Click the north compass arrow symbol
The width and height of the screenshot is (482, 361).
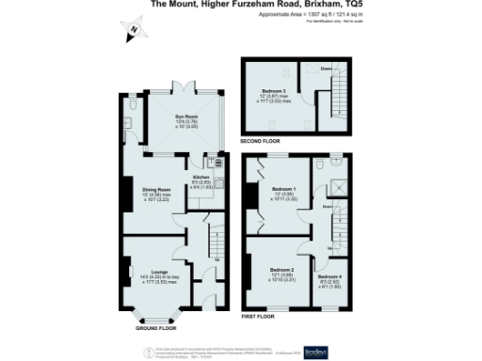point(134,29)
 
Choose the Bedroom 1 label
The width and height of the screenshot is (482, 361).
point(284,193)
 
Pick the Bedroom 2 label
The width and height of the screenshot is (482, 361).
point(283,273)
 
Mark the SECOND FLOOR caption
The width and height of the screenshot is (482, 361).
point(263,141)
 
